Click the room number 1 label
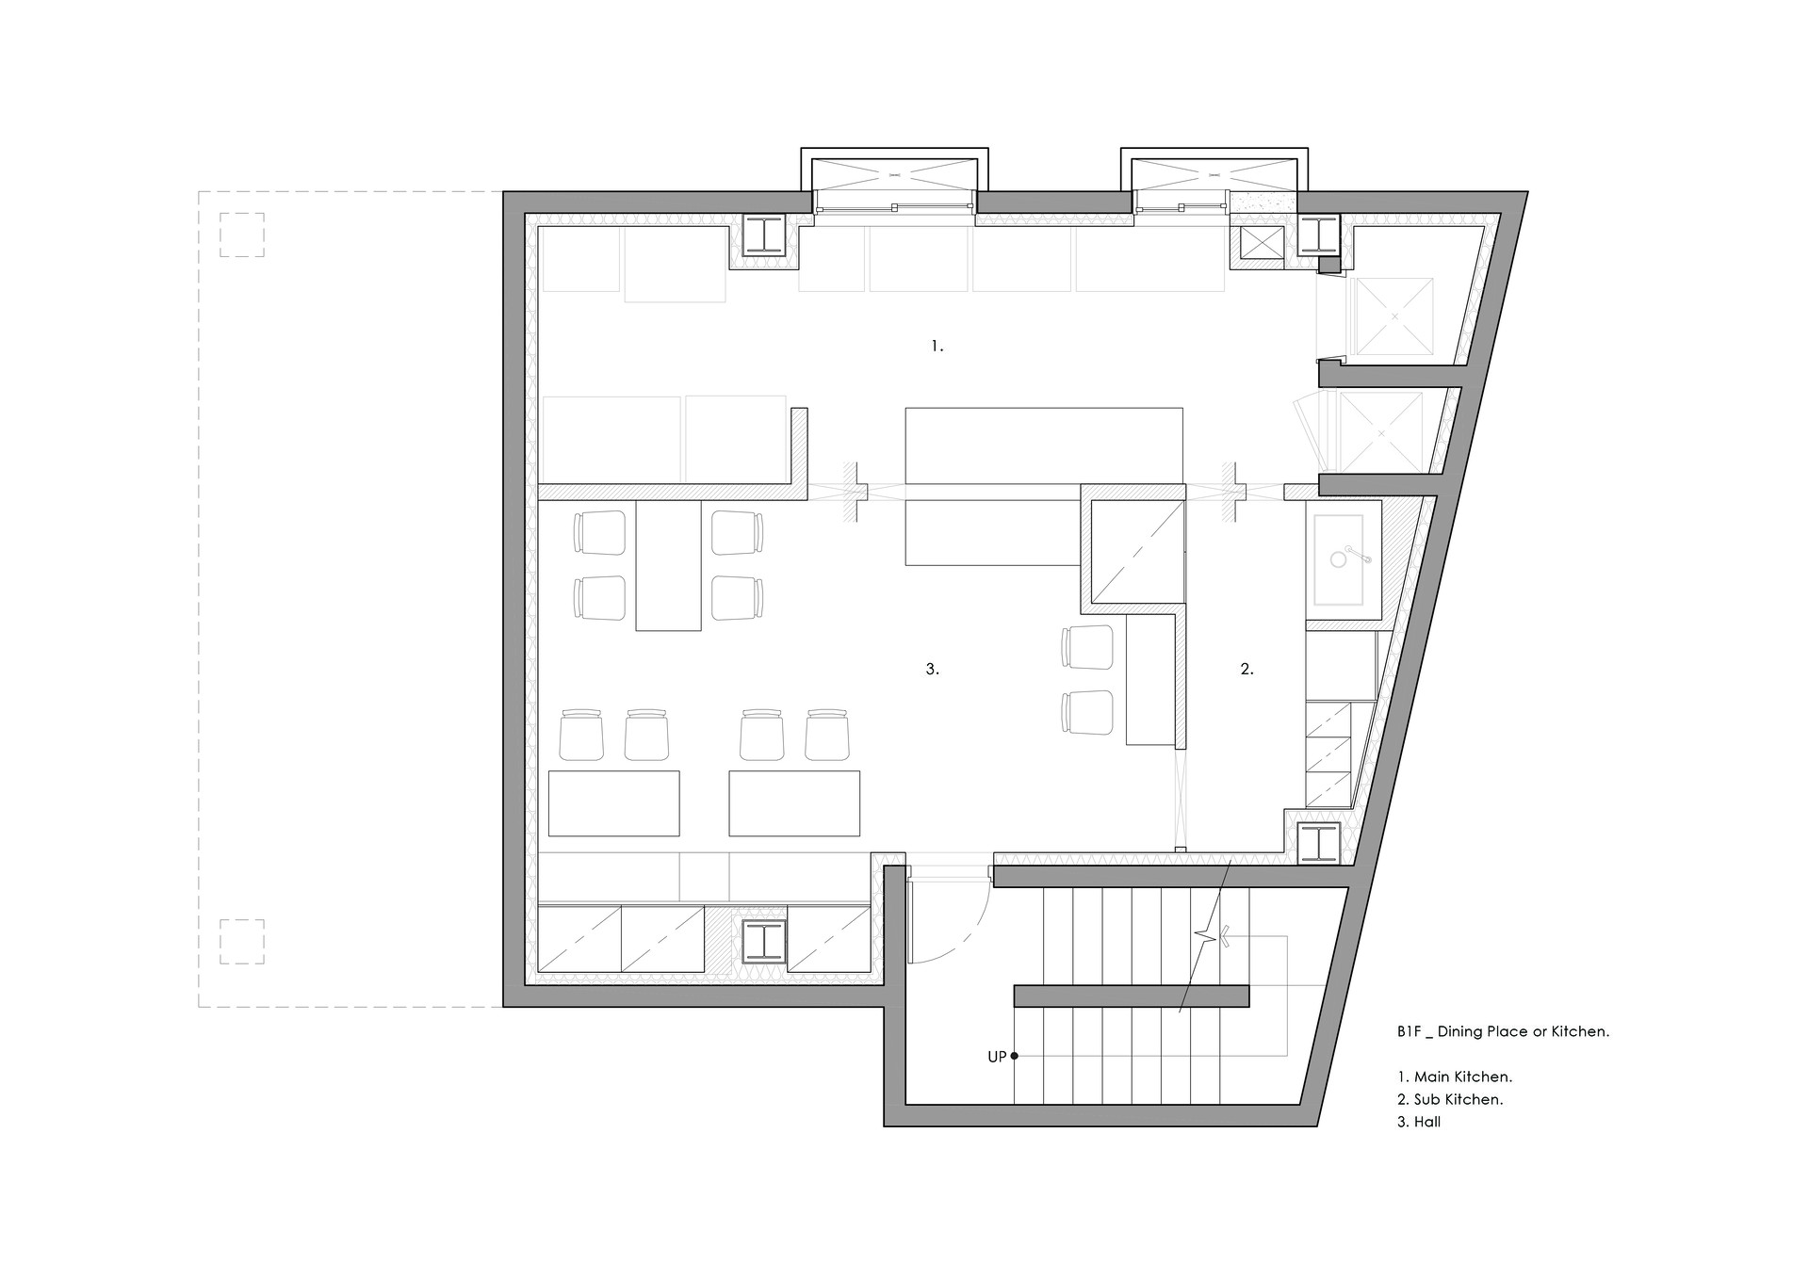pos(937,347)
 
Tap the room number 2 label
pos(1247,670)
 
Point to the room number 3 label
pos(932,670)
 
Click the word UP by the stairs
pos(997,1057)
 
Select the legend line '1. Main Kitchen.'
pos(1455,1077)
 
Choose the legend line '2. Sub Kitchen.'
pos(1450,1099)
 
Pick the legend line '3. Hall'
pos(1419,1122)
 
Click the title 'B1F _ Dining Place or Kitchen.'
pos(1504,1031)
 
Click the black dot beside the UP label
pos(1014,1056)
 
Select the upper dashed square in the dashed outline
pos(242,235)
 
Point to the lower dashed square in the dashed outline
pos(242,942)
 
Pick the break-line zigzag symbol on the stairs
pos(1210,936)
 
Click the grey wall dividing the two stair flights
pos(1131,996)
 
